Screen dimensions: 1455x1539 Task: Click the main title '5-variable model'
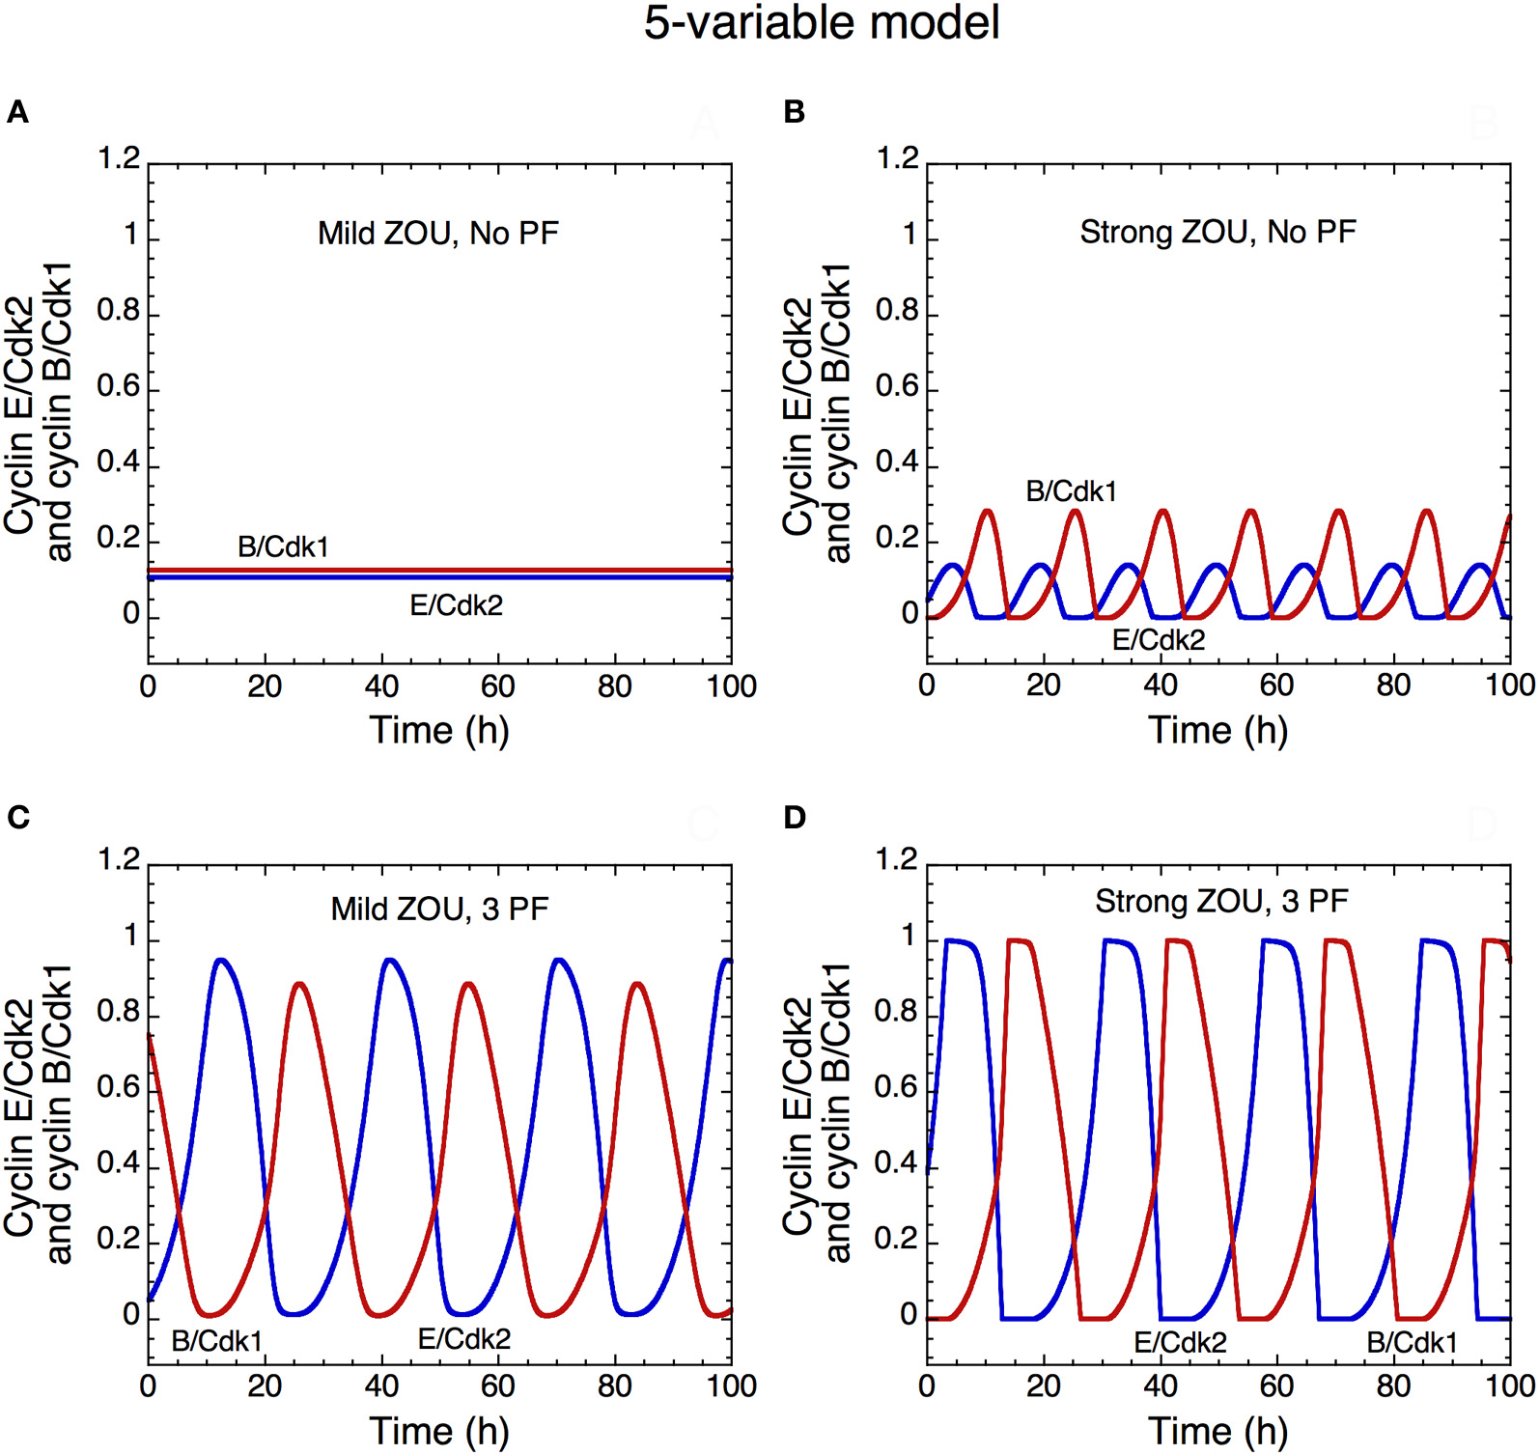point(822,23)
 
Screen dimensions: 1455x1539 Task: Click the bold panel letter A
point(17,113)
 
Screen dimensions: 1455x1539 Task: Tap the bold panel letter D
point(795,818)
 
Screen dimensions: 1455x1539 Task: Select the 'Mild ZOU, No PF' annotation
point(438,234)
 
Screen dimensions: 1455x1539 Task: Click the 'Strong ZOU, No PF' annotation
point(1217,233)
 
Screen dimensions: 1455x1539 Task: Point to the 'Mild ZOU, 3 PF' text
point(439,909)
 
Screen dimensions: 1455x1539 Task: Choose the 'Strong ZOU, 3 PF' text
point(1221,902)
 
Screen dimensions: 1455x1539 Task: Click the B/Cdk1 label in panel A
point(283,547)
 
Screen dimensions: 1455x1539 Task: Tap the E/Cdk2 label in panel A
point(456,605)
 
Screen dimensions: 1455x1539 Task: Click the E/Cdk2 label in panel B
point(1158,640)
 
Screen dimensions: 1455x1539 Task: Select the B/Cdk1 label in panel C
point(216,1341)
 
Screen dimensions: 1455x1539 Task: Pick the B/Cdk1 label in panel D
point(1412,1343)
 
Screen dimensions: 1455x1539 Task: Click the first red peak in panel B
point(987,511)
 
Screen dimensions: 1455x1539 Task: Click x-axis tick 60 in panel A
point(497,686)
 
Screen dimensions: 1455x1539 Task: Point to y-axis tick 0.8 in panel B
point(896,312)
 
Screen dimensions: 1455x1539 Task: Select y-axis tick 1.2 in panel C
point(119,859)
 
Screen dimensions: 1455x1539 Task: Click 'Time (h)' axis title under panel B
point(1217,730)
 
